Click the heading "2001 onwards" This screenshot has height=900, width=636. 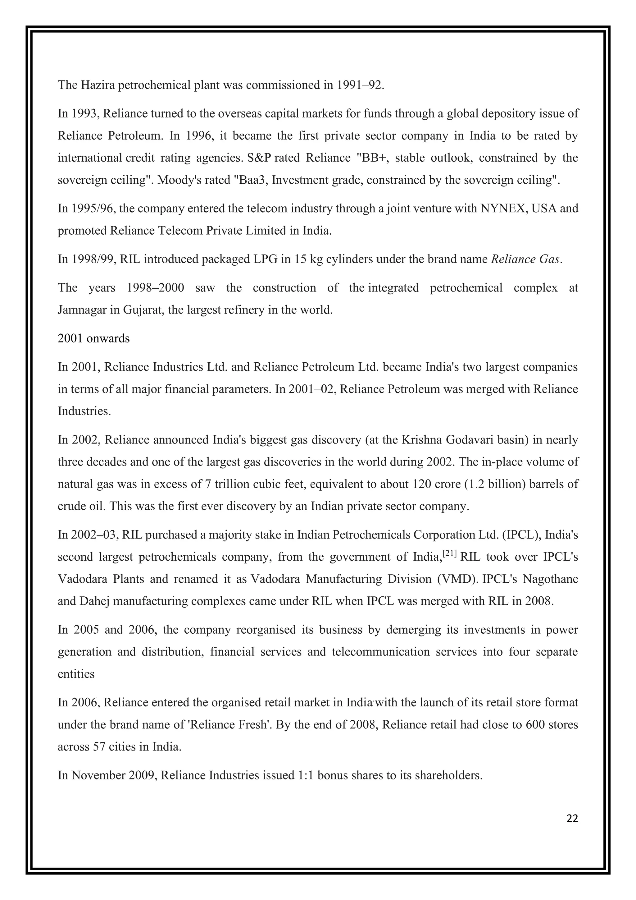[x=93, y=338]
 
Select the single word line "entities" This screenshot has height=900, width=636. [x=76, y=674]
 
